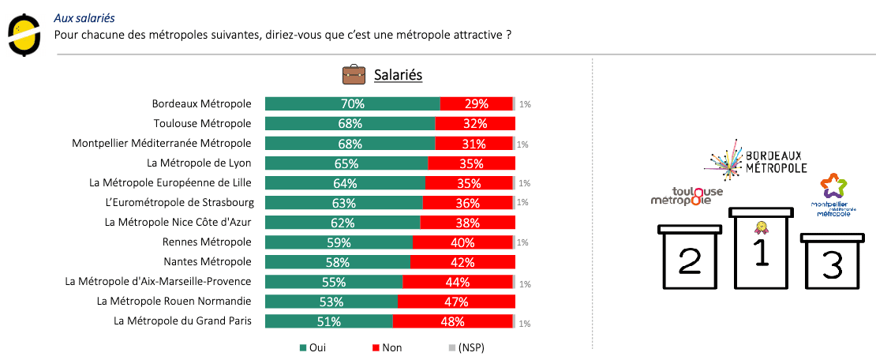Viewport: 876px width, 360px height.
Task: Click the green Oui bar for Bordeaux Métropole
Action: (x=352, y=103)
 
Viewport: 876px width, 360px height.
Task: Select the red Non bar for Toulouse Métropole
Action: (x=475, y=123)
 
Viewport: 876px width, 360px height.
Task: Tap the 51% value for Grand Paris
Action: (x=328, y=321)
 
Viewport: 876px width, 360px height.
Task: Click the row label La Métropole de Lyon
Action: (x=199, y=163)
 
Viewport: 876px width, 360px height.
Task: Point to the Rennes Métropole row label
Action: (x=207, y=242)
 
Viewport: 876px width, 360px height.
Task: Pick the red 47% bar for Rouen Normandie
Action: (x=456, y=302)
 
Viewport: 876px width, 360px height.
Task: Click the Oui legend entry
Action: (x=313, y=347)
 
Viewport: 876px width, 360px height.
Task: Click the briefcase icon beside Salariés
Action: (x=354, y=75)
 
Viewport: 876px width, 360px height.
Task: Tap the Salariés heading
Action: (x=398, y=75)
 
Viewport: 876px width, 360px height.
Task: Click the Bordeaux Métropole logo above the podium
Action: (x=755, y=158)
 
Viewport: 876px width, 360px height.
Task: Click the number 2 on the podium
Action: (x=691, y=261)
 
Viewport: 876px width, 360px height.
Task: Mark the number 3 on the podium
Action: (x=832, y=266)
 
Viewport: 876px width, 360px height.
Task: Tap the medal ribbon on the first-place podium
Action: (x=761, y=227)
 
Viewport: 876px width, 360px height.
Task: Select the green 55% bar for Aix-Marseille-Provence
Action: (x=334, y=282)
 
